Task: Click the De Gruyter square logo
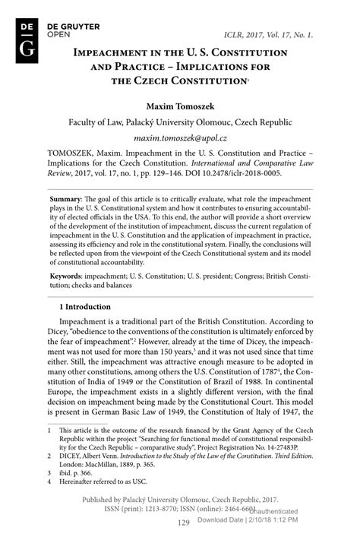[x=27, y=45]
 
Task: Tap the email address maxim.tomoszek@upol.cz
[x=179, y=139]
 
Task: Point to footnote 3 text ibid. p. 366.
[x=71, y=471]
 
